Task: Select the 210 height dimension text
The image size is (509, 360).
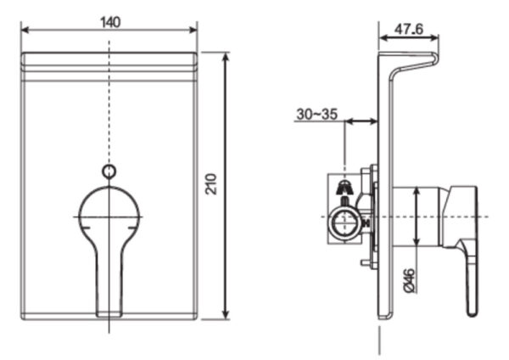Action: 212,184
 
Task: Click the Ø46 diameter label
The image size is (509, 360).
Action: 408,279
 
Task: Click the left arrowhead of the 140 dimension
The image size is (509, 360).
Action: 25,31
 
